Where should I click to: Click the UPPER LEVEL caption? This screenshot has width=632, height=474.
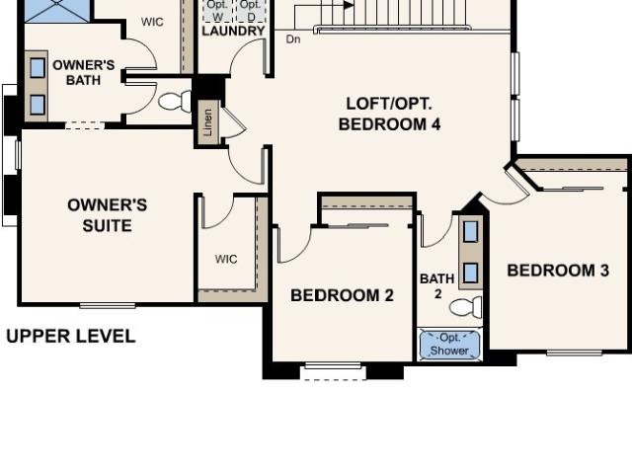[x=71, y=336]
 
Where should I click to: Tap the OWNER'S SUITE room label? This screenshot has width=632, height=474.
[x=108, y=215]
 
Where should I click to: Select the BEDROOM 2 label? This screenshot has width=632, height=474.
[x=342, y=295]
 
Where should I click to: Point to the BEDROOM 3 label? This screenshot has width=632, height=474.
[x=558, y=271]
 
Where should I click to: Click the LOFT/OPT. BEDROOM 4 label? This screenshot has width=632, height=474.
[x=389, y=115]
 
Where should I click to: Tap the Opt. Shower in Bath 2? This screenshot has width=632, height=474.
[x=450, y=345]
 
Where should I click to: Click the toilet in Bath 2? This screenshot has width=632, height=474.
[x=466, y=307]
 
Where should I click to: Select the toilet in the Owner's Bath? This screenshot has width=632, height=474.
[x=175, y=101]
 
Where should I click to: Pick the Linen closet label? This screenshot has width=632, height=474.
[x=208, y=122]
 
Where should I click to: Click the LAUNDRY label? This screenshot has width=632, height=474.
[x=233, y=31]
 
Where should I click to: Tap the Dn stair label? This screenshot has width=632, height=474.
[x=293, y=39]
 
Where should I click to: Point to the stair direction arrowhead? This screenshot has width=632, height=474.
[x=349, y=5]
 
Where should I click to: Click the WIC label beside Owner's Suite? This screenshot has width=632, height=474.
[x=226, y=259]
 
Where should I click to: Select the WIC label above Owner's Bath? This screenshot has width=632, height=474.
[x=152, y=22]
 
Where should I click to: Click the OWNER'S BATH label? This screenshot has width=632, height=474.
[x=83, y=72]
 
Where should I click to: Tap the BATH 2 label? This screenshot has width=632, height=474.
[x=437, y=285]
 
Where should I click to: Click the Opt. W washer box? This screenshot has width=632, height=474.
[x=217, y=11]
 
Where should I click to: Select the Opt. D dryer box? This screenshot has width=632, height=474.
[x=250, y=11]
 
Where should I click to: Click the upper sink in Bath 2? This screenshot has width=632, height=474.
[x=470, y=231]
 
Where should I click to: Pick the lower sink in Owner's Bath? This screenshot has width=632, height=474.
[x=38, y=104]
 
